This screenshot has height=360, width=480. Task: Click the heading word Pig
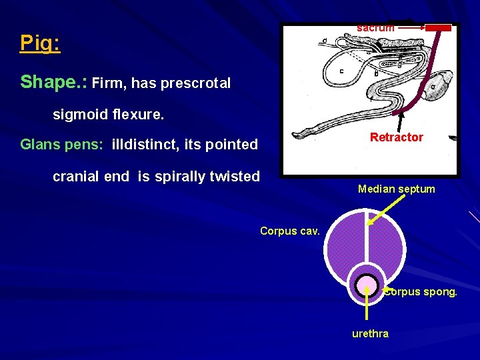tap(39, 43)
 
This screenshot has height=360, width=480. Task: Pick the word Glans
tap(43, 144)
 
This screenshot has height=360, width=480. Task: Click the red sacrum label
tap(375, 28)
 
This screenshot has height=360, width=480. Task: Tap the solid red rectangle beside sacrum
tap(438, 28)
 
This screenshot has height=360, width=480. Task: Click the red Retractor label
tap(396, 137)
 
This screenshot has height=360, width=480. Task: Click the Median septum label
tap(396, 189)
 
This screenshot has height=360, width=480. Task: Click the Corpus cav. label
tap(290, 231)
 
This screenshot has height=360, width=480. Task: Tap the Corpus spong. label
tap(421, 292)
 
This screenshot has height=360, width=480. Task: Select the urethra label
tap(370, 333)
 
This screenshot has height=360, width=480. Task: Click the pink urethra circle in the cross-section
tap(366, 287)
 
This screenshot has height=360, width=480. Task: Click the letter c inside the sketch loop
tap(342, 71)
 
